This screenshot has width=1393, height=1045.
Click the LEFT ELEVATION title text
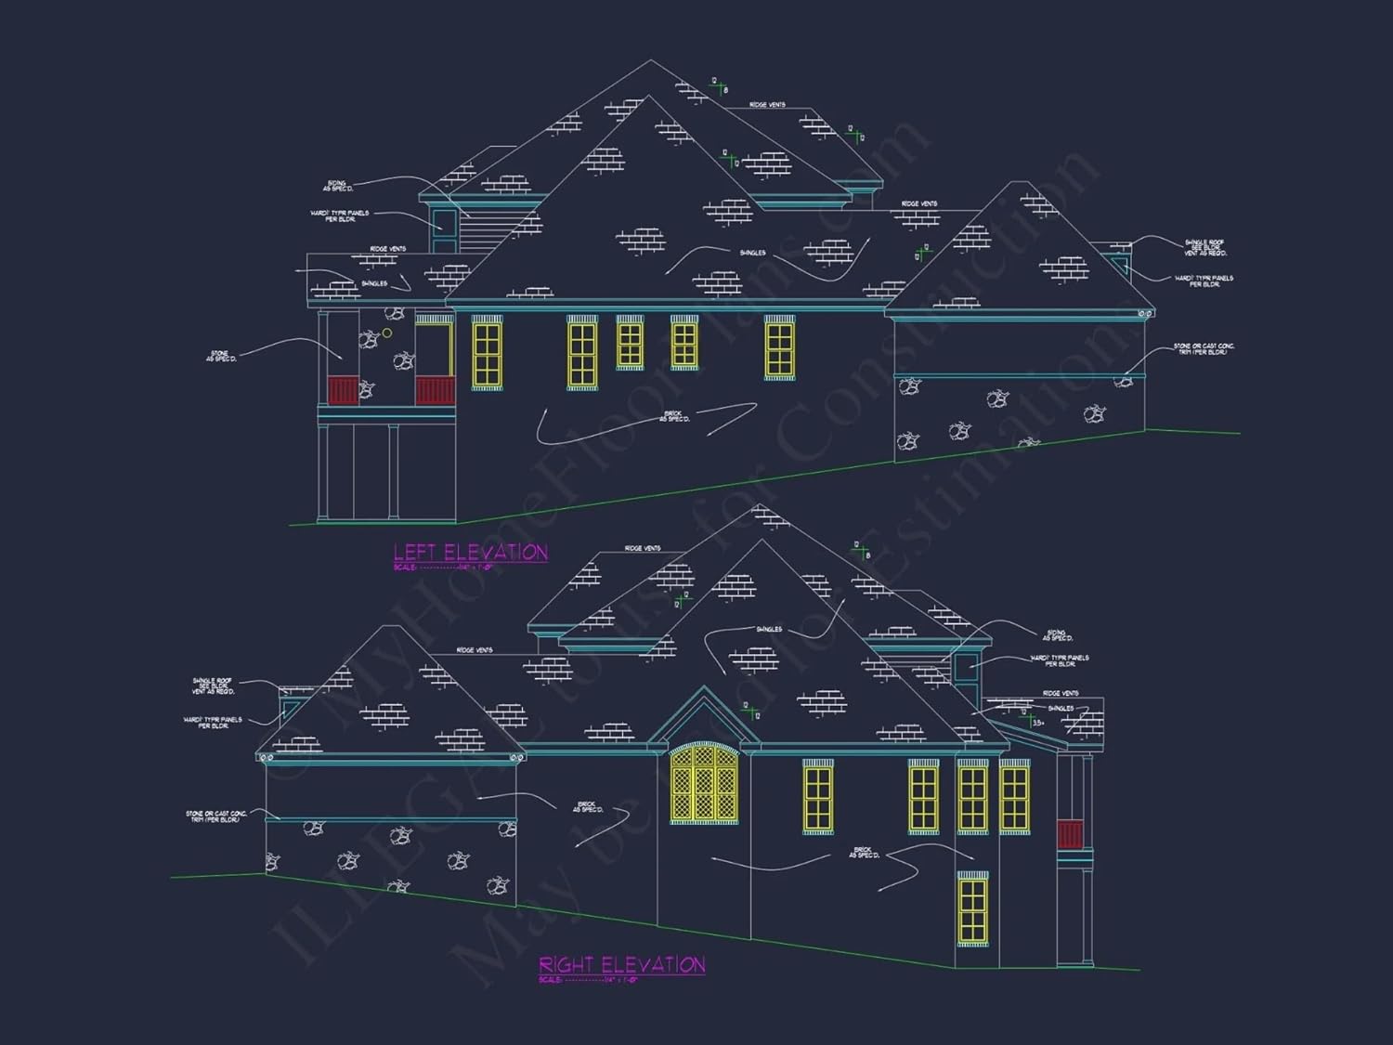click(x=470, y=553)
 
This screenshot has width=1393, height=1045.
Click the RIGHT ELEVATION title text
click(x=621, y=965)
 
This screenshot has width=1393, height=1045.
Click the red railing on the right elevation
click(x=1070, y=834)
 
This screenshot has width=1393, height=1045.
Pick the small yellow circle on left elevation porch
click(x=387, y=333)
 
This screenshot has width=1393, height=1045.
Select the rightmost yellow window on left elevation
click(x=779, y=348)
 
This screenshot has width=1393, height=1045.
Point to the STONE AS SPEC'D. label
click(x=221, y=356)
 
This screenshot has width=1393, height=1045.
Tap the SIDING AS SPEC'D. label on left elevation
click(x=338, y=187)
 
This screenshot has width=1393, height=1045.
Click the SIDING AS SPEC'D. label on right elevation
click(x=1057, y=635)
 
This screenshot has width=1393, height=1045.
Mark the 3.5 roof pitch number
click(x=1037, y=722)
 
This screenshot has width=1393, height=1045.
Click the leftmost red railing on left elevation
click(x=343, y=390)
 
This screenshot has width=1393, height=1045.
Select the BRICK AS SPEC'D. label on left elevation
click(x=674, y=416)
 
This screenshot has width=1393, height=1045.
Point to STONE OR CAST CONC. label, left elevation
click(x=1204, y=348)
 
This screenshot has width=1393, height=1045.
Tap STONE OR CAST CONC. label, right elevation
click(x=216, y=816)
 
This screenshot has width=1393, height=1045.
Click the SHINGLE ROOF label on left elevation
click(x=1204, y=247)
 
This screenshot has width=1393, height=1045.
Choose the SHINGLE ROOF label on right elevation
click(x=213, y=686)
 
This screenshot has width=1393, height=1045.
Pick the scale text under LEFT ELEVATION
click(x=444, y=567)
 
